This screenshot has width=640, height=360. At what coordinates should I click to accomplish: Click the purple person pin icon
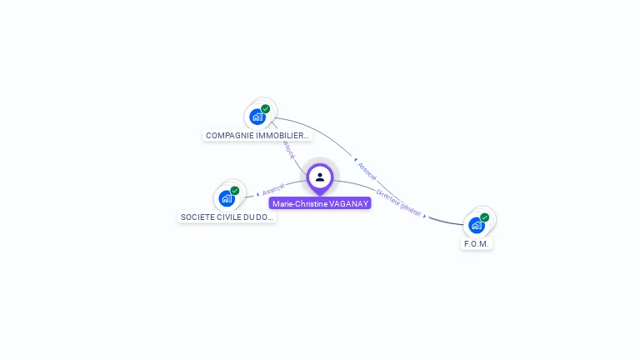point(320,177)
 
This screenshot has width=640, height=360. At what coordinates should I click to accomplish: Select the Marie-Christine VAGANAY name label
point(320,203)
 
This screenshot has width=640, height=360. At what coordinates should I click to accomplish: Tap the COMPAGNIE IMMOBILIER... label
point(257,135)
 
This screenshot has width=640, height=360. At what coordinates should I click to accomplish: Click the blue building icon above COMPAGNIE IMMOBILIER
point(257,117)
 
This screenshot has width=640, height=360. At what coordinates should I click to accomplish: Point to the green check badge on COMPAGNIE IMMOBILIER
point(266,109)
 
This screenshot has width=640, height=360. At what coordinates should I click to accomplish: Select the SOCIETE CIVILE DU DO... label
point(227,217)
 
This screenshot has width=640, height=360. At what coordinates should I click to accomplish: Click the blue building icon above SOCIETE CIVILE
point(226,198)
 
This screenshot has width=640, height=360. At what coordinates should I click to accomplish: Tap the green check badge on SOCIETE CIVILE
point(235,191)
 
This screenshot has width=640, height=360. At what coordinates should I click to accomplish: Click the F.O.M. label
point(477,243)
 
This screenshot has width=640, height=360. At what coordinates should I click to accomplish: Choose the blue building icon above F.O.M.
point(476,225)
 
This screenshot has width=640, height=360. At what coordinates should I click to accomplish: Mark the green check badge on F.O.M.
point(485,217)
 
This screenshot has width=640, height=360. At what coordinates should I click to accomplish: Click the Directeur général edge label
point(399,202)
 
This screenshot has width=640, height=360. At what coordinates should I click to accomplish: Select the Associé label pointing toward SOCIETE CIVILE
point(273,189)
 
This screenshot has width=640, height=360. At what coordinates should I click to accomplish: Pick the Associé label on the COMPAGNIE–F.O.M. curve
point(367,172)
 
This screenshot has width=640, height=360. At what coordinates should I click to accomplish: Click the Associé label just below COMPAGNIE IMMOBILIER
point(287,150)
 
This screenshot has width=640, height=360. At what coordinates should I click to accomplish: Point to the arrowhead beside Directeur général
point(425,216)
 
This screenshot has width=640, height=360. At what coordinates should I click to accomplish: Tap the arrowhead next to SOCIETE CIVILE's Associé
point(257,193)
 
